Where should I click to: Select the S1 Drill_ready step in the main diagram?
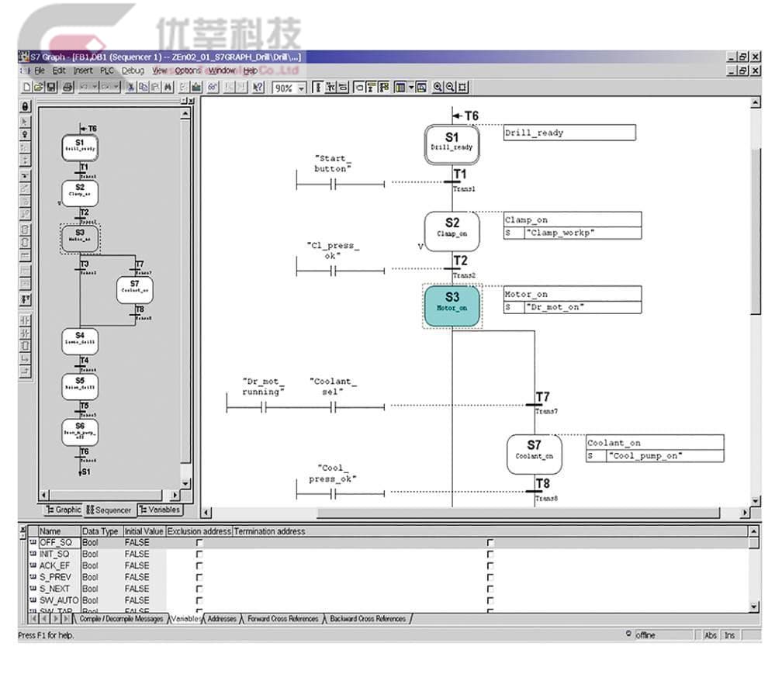point(452,143)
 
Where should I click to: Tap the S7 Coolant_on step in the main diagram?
point(534,453)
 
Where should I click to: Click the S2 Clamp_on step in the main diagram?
point(452,230)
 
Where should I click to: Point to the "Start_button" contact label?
point(332,164)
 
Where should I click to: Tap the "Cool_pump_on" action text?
point(644,456)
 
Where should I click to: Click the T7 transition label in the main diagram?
point(543,398)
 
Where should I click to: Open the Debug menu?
point(133,71)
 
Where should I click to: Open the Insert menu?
point(82,71)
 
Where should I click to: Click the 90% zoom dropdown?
point(289,88)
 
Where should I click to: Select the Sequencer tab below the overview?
point(109,510)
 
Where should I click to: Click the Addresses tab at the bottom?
point(222,619)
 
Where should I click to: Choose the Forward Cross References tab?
point(282,619)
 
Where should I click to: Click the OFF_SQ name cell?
point(55,543)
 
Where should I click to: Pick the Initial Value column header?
point(144,531)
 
